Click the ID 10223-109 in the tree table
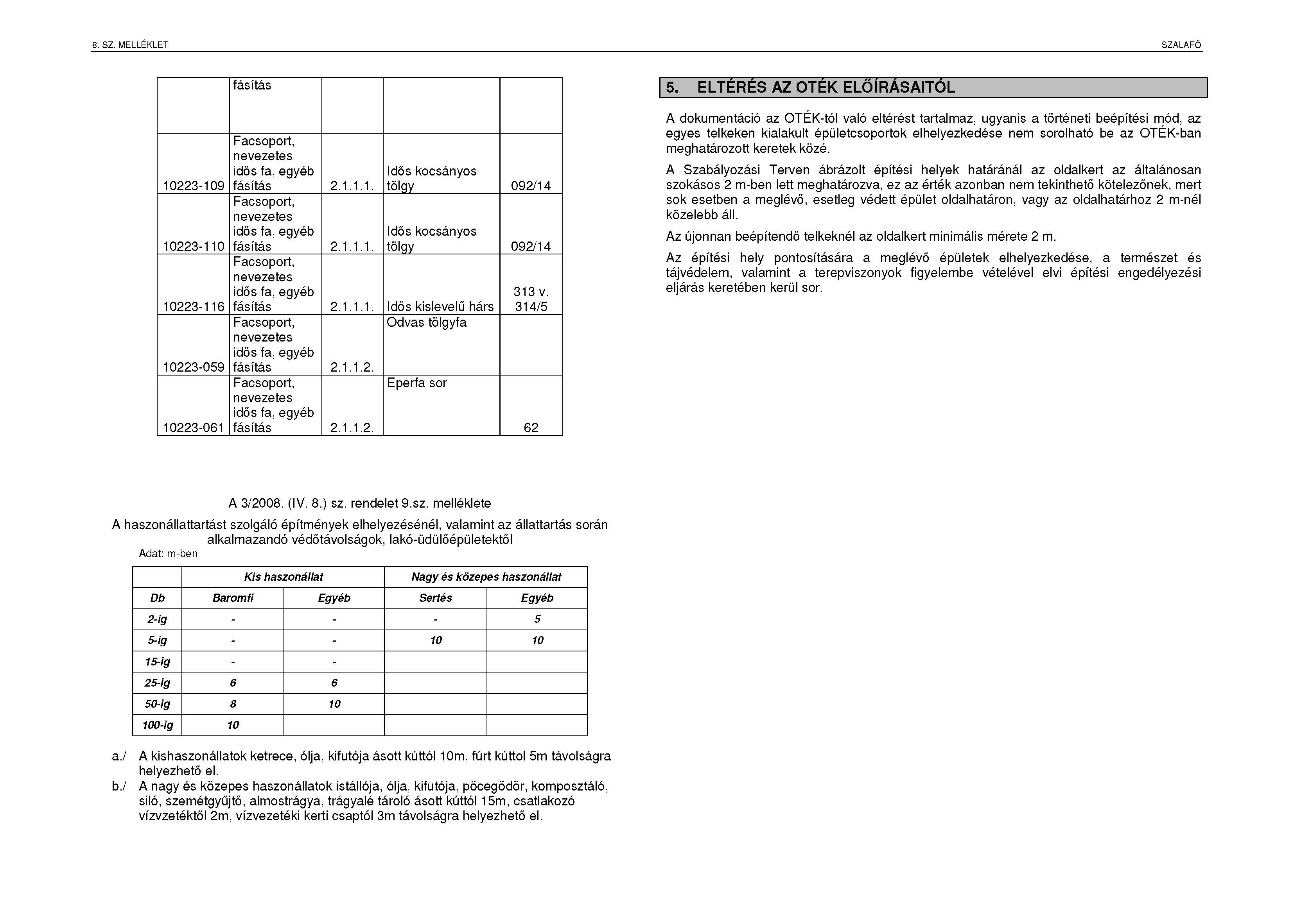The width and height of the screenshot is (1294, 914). click(193, 186)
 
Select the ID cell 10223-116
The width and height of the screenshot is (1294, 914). click(193, 306)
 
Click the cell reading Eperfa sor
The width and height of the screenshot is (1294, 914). click(416, 383)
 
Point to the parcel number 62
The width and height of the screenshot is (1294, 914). click(531, 427)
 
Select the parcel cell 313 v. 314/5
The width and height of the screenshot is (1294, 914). click(531, 299)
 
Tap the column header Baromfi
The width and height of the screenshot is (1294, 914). click(233, 598)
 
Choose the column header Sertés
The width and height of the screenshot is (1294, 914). click(435, 598)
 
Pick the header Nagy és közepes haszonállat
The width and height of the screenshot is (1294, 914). click(486, 577)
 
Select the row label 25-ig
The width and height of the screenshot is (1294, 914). click(157, 683)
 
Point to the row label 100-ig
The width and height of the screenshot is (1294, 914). click(157, 725)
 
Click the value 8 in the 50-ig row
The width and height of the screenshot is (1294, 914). click(233, 704)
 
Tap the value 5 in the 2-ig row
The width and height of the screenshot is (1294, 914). click(537, 619)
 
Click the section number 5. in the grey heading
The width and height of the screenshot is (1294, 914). click(672, 88)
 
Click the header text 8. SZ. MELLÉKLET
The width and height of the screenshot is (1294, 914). click(130, 45)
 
